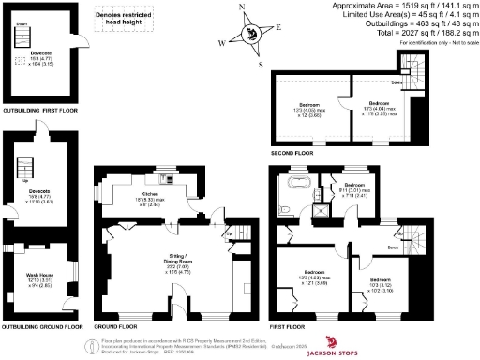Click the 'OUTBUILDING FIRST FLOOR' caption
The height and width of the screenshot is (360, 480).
click(40, 111)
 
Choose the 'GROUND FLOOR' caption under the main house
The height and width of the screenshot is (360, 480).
click(114, 326)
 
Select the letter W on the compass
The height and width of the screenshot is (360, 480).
click(222, 43)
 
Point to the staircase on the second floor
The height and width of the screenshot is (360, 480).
click(410, 67)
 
